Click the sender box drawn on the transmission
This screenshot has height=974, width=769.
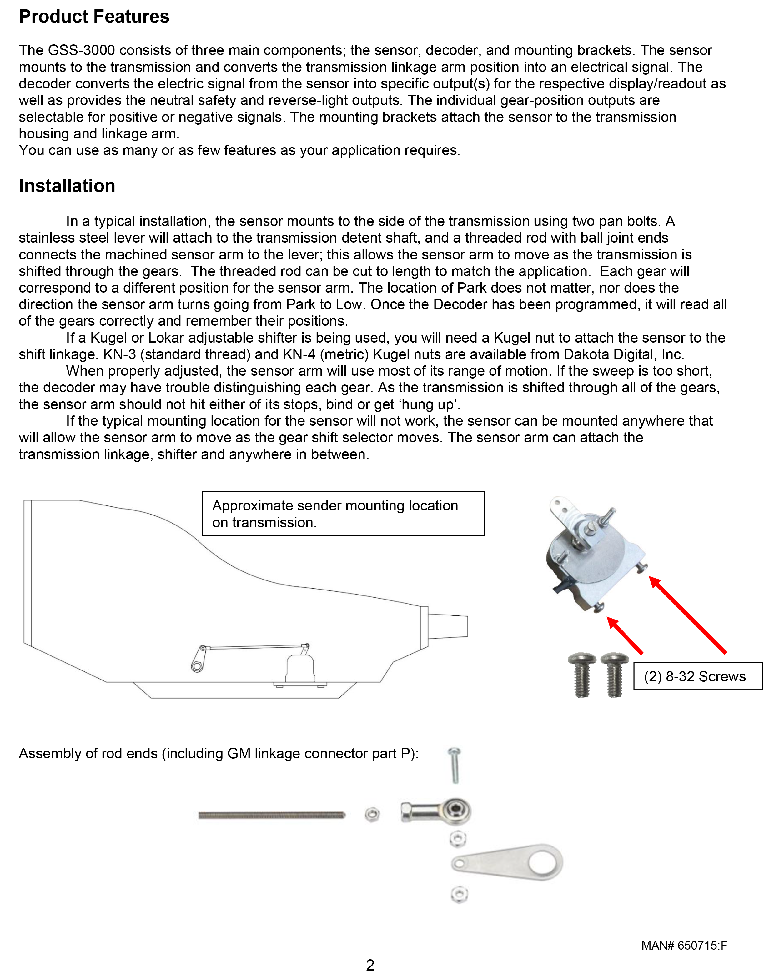point(301,669)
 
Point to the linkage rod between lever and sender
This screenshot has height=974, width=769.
point(254,647)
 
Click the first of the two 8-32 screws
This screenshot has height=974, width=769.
point(582,677)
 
